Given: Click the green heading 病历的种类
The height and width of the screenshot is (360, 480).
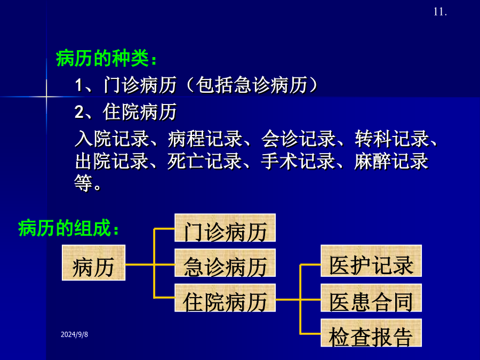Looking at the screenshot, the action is [x=107, y=58].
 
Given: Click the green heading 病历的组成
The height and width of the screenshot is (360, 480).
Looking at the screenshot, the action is [x=69, y=228].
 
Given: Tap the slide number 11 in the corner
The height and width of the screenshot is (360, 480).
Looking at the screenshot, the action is [x=440, y=12].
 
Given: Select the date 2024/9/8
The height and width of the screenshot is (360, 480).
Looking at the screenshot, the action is [x=74, y=334].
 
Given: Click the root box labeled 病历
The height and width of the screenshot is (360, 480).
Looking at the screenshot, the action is [x=94, y=262].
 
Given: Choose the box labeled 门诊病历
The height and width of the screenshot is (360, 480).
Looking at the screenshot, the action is [x=225, y=228].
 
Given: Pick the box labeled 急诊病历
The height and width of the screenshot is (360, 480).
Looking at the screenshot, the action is [x=225, y=262].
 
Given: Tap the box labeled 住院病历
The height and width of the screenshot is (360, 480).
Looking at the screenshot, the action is [x=225, y=298].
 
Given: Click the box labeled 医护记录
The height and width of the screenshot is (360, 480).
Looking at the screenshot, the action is [x=371, y=261].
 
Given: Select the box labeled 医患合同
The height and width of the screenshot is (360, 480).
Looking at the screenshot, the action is [x=371, y=298].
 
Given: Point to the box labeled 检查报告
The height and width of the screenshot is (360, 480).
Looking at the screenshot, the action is [x=371, y=333].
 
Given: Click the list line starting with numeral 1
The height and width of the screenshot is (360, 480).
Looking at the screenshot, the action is [x=196, y=85].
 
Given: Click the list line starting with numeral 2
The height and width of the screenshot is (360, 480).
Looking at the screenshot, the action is [x=126, y=112].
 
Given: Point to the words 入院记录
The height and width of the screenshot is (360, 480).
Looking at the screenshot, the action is [x=112, y=139].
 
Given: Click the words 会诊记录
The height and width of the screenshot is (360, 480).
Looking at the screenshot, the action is [x=299, y=139].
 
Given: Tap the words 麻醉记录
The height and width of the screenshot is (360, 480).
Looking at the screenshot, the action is [x=391, y=161].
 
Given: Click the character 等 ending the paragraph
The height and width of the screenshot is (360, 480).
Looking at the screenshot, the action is [x=84, y=183].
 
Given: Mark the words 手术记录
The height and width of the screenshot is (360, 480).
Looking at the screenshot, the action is [x=298, y=161].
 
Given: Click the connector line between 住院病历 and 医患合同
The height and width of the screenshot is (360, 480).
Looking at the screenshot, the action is [x=298, y=300].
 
